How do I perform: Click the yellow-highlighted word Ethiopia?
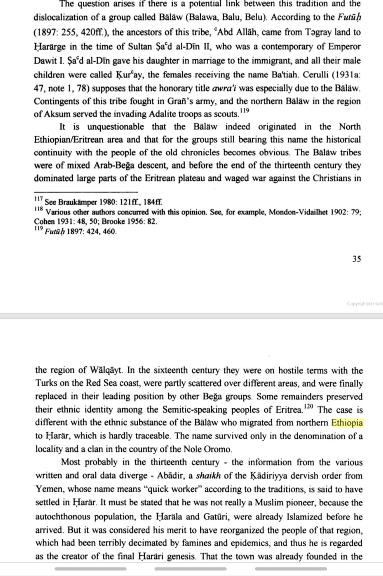tap(347, 423)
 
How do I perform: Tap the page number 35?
tap(356, 259)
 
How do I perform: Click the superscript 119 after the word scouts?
tap(245, 111)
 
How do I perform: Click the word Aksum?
tap(57, 114)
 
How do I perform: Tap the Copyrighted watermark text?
tap(364, 304)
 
